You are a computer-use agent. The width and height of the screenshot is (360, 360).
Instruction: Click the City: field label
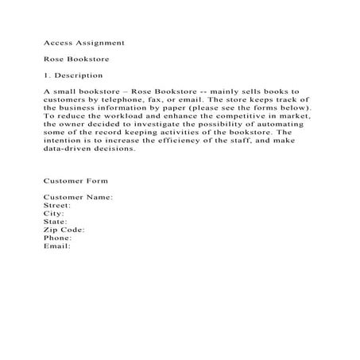tap(54, 214)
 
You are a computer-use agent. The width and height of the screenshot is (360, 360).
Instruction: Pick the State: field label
tap(56, 222)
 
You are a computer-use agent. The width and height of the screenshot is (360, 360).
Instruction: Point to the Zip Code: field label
tap(64, 230)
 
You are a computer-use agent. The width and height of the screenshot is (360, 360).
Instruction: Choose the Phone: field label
tap(58, 238)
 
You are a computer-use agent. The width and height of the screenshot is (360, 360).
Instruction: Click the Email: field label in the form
tap(57, 246)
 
